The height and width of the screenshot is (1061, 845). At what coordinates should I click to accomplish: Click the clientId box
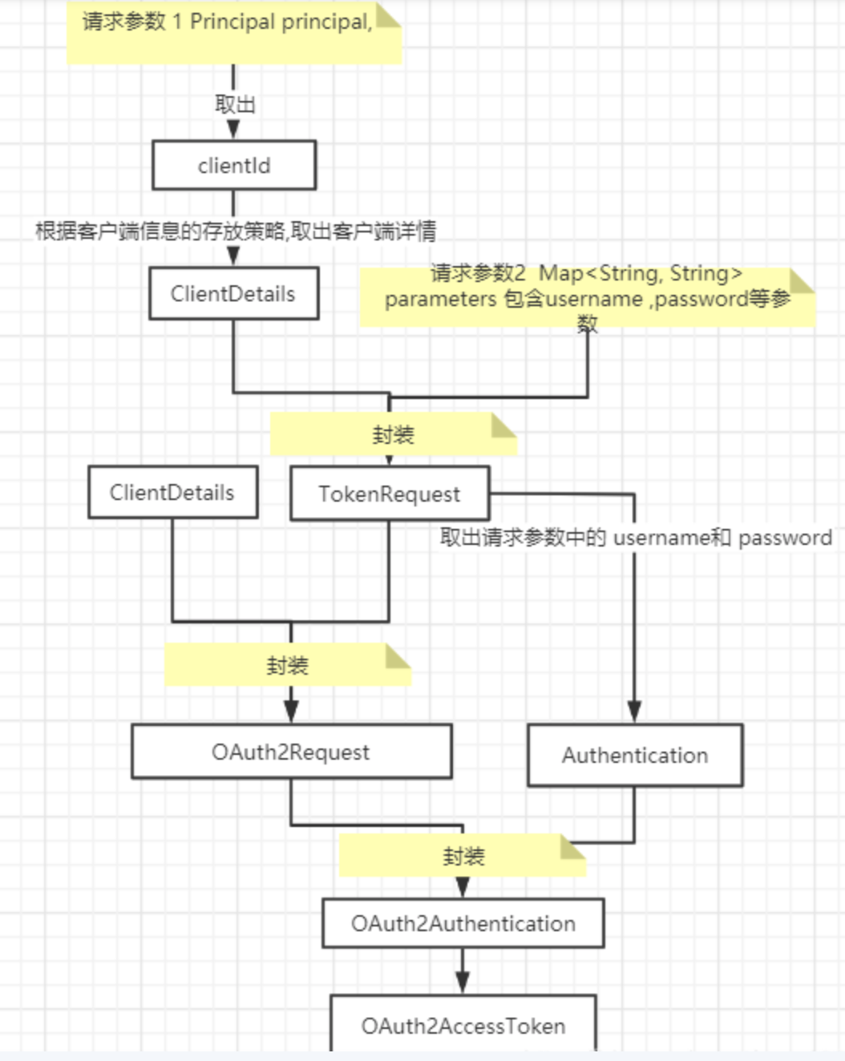234,166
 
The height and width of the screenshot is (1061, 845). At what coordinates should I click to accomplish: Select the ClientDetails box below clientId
233,294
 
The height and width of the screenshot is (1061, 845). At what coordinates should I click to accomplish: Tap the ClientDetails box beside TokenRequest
172,493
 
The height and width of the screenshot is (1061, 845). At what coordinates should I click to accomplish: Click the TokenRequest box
390,494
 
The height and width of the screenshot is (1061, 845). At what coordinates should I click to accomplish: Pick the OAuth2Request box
291,752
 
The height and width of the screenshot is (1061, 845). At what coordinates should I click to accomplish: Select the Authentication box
635,755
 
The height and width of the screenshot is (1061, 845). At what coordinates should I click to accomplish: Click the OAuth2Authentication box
463,924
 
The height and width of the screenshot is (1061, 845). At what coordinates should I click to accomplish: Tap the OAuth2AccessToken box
463,1025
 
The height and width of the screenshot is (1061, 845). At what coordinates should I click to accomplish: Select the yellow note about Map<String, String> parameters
587,297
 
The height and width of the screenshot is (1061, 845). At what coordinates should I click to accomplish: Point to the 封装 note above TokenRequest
393,434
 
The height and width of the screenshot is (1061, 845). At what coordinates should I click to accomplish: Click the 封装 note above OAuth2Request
288,665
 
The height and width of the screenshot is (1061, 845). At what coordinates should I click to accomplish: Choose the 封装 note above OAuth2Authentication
463,856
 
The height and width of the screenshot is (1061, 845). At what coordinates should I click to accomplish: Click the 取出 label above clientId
234,104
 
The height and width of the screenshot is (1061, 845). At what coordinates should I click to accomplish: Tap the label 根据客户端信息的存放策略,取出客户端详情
236,232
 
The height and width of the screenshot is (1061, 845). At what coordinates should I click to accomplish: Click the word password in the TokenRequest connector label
785,538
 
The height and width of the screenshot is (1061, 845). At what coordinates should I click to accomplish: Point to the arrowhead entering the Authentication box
634,712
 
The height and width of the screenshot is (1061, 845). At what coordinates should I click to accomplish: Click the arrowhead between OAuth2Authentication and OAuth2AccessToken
463,982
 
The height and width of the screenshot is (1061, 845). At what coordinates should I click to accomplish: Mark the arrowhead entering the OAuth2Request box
291,712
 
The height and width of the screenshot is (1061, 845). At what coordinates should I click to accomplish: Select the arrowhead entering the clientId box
233,130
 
